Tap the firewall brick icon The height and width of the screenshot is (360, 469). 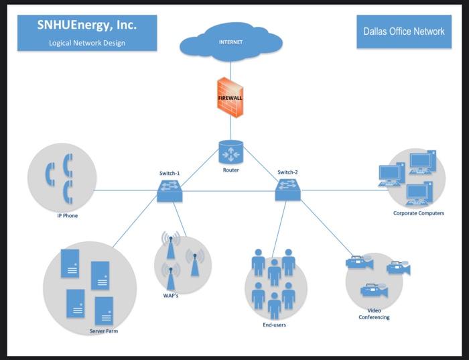230,97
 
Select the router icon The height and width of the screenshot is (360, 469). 230,152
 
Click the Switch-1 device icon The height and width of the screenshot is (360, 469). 170,191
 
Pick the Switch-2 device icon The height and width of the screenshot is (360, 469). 287,191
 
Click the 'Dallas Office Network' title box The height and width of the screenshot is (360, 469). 403,31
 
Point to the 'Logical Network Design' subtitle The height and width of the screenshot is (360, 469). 87,43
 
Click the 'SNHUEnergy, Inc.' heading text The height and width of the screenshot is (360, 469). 87,25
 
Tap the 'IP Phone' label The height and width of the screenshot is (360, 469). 67,216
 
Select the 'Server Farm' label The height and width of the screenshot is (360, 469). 104,331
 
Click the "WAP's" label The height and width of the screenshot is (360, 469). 171,295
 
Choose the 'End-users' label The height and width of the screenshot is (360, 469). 275,325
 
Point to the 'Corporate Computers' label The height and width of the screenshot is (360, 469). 418,213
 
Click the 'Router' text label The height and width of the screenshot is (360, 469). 230,170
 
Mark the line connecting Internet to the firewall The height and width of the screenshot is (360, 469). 230,68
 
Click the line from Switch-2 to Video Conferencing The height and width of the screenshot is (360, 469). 322,227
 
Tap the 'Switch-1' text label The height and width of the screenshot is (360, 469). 170,173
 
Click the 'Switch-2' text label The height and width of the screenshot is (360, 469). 287,172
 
